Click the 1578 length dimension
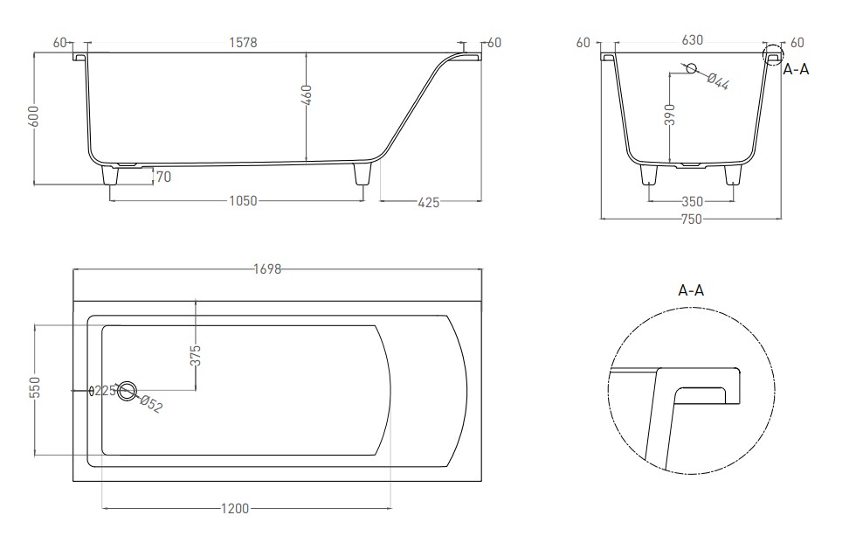click(243, 42)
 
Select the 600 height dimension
click(34, 116)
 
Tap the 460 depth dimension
click(307, 95)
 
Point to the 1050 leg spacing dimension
click(243, 200)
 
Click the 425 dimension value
click(429, 202)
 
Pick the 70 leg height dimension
click(163, 177)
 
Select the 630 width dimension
click(692, 40)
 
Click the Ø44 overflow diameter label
click(718, 81)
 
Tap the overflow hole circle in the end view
click(691, 68)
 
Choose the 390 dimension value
click(670, 115)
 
